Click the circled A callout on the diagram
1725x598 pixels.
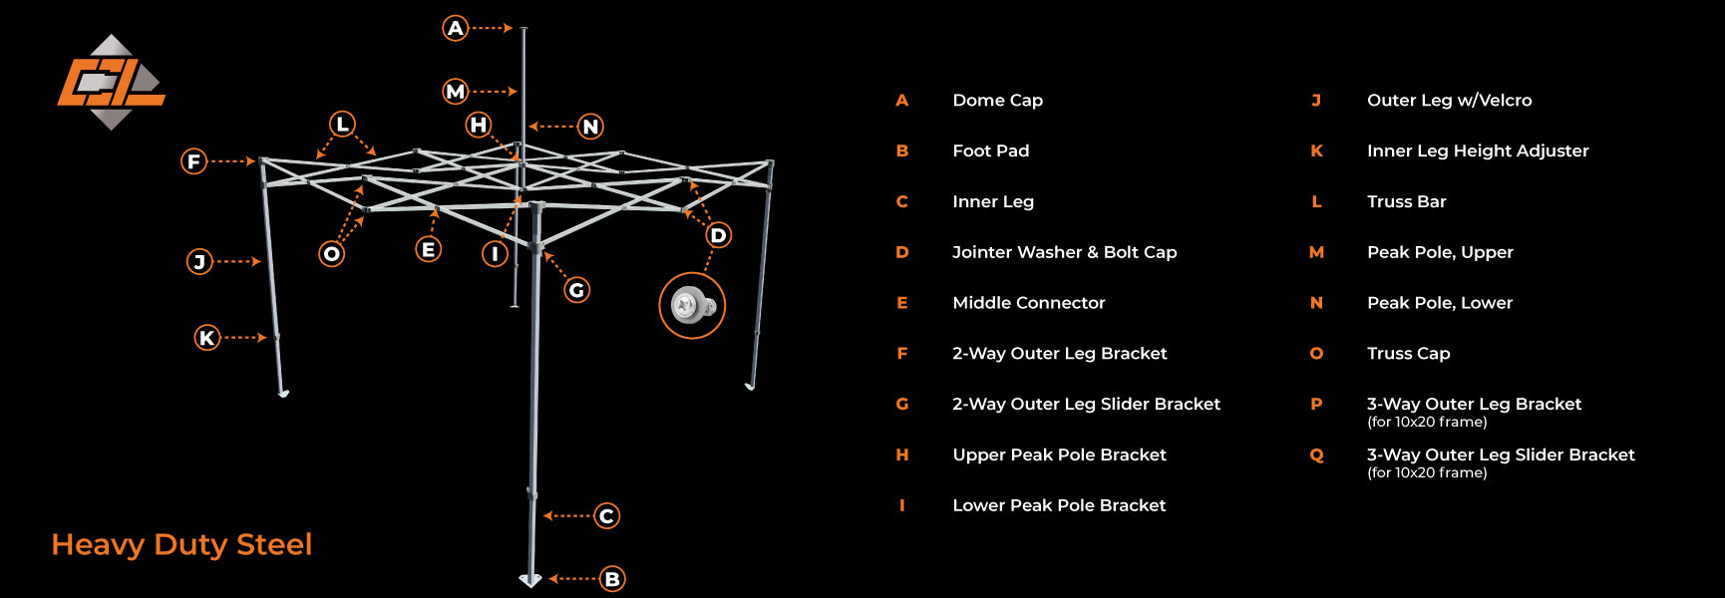click(x=456, y=28)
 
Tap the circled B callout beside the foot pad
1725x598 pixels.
click(x=612, y=579)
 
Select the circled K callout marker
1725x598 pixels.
click(x=207, y=338)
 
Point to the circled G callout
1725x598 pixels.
click(x=576, y=290)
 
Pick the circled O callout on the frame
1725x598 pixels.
click(x=332, y=254)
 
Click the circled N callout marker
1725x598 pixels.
click(x=590, y=127)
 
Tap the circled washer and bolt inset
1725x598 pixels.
click(x=692, y=306)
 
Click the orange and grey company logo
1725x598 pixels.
click(x=111, y=83)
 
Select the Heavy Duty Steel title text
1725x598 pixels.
click(x=181, y=544)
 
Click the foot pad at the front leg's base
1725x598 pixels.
click(x=530, y=580)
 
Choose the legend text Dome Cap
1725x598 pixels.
click(x=997, y=100)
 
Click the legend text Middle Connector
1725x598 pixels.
click(x=1028, y=303)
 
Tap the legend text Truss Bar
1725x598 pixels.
click(x=1406, y=201)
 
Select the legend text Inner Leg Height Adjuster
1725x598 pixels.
click(x=1477, y=150)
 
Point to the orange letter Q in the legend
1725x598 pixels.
click(x=1316, y=455)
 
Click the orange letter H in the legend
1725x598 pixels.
click(x=901, y=455)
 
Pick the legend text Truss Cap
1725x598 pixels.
click(x=1408, y=354)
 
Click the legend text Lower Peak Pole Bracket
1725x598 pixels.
click(x=1058, y=505)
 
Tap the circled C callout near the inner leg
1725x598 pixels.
click(x=606, y=516)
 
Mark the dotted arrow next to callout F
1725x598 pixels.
click(x=234, y=160)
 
